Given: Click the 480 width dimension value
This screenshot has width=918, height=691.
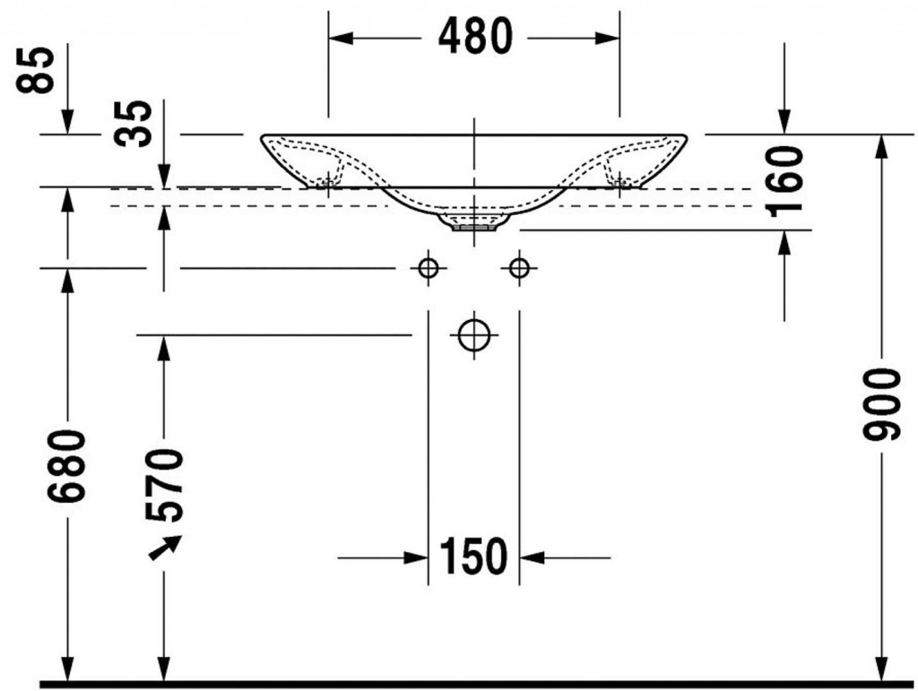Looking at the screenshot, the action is (475, 36).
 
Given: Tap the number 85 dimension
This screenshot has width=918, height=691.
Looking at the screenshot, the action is (36, 70).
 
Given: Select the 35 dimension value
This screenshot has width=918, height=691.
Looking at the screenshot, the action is (133, 123).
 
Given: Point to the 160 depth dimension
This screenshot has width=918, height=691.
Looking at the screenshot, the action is (784, 181).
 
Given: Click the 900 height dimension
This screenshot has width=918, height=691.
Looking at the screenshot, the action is (880, 403).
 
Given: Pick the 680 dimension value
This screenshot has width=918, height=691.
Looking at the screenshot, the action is (66, 466).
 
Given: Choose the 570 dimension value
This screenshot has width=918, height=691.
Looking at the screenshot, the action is (165, 485).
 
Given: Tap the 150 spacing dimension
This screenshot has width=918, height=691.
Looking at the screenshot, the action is (473, 557).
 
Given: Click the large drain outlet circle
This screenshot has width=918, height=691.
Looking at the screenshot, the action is (473, 335).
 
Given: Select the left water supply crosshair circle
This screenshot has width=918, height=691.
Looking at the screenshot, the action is (429, 269).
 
